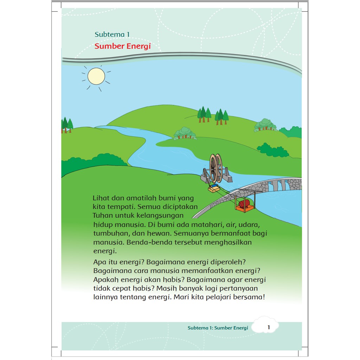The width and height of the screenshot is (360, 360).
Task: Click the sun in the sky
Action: [96, 76]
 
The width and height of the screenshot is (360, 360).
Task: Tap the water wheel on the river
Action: [216, 168]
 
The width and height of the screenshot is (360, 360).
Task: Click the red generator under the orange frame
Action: [244, 203]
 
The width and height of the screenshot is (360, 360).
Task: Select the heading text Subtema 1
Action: [112, 34]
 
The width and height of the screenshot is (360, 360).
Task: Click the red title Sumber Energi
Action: [123, 46]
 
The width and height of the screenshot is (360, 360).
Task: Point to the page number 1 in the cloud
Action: [269, 327]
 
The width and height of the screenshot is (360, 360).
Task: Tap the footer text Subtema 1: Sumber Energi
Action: [218, 328]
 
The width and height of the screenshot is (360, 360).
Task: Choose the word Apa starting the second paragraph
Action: [100, 262]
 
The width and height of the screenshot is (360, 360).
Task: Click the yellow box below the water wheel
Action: [214, 189]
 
